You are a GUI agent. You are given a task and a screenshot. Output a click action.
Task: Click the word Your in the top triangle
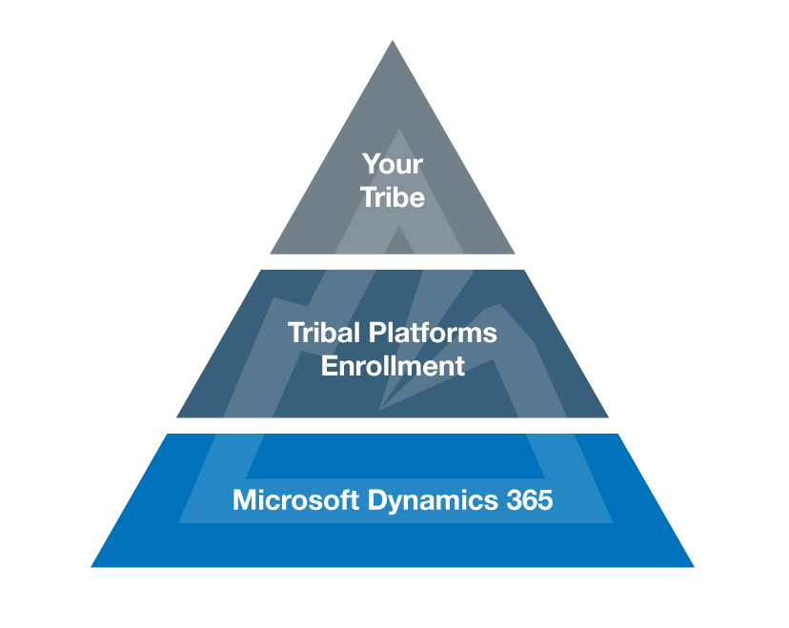tap(393, 165)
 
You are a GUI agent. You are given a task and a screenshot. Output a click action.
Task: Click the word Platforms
tap(433, 333)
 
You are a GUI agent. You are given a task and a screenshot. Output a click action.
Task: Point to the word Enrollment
tap(393, 366)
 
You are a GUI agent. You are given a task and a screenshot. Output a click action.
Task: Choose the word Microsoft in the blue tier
tap(295, 499)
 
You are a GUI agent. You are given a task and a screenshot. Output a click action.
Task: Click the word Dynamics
tap(433, 501)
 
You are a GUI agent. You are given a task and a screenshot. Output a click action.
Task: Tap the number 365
tap(530, 499)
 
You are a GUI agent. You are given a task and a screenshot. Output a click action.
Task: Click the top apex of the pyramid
tap(393, 41)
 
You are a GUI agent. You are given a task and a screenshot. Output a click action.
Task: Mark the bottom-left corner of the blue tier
tap(91, 567)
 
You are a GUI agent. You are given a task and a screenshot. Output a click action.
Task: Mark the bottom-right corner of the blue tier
tap(694, 567)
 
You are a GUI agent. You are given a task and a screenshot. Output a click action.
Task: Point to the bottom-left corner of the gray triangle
tap(271, 253)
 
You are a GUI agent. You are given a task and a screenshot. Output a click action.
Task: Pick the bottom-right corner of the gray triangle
tap(515, 253)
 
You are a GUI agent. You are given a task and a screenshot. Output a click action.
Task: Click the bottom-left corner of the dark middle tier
tap(176, 417)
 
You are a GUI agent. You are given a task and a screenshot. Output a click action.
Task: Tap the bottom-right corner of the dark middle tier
tap(608, 417)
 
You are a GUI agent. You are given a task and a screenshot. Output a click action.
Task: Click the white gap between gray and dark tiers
tap(393, 262)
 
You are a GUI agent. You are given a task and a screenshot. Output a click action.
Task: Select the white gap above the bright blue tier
tap(393, 426)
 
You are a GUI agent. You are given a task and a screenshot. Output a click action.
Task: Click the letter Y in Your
tap(371, 165)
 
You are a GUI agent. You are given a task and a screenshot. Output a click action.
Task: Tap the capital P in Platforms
tap(377, 333)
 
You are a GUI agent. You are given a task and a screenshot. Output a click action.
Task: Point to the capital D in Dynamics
tap(378, 499)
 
